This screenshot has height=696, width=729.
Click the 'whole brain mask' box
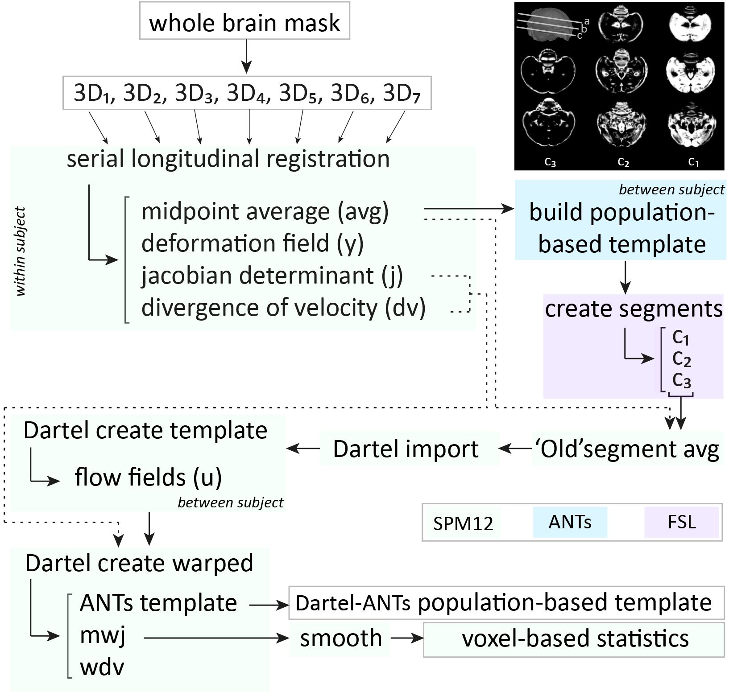pyautogui.click(x=244, y=21)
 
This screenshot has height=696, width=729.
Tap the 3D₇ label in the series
pyautogui.click(x=402, y=94)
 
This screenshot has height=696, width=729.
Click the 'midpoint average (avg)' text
pyautogui.click(x=265, y=211)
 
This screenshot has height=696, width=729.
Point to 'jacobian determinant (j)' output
pyautogui.click(x=272, y=275)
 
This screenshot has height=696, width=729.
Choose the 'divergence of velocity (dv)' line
pyautogui.click(x=283, y=308)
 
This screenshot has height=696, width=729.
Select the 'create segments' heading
pyautogui.click(x=634, y=309)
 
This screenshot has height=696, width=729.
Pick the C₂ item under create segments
pyautogui.click(x=681, y=359)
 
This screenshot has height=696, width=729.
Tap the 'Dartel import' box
pyautogui.click(x=409, y=448)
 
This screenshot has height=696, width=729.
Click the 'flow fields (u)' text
pyautogui.click(x=148, y=477)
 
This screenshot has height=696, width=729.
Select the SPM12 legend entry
pyautogui.click(x=463, y=523)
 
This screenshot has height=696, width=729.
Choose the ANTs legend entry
pyautogui.click(x=570, y=522)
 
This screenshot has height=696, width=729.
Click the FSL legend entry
pyautogui.click(x=682, y=522)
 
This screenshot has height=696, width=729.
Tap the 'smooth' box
pyautogui.click(x=340, y=638)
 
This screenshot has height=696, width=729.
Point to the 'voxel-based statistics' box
pyautogui.click(x=574, y=639)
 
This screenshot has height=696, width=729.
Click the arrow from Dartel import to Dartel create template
pyautogui.click(x=303, y=449)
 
